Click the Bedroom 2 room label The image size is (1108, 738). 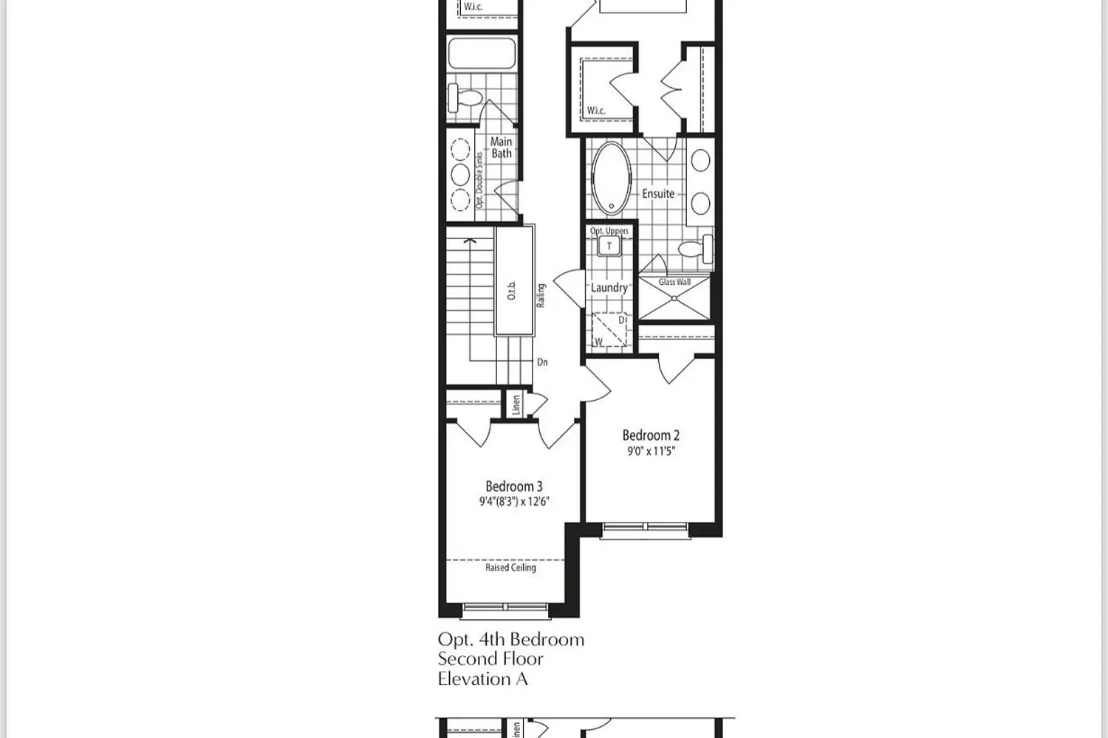coord(651,435)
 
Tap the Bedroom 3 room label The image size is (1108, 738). coord(514,486)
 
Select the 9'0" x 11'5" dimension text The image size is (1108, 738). coord(651,451)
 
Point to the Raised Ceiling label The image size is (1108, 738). coord(510,568)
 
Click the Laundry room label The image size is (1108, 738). coord(609,288)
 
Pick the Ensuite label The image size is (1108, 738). coord(658,193)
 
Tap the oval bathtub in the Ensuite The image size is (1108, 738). coord(612,177)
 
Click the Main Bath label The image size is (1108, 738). coord(502,148)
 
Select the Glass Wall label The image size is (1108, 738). coord(674,282)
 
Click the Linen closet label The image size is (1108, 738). coord(516,404)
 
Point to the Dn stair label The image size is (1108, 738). coord(542,362)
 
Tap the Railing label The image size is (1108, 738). coord(541,295)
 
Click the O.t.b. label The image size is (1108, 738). coord(512,292)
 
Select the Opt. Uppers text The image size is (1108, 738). coord(609,231)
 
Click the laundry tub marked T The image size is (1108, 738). coord(609,246)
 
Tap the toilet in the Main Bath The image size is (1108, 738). coord(466,96)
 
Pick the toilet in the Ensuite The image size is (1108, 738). coord(694,249)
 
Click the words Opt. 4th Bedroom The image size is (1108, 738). coord(511,640)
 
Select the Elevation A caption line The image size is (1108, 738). coord(482,679)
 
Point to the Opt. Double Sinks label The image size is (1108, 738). coord(479,180)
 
